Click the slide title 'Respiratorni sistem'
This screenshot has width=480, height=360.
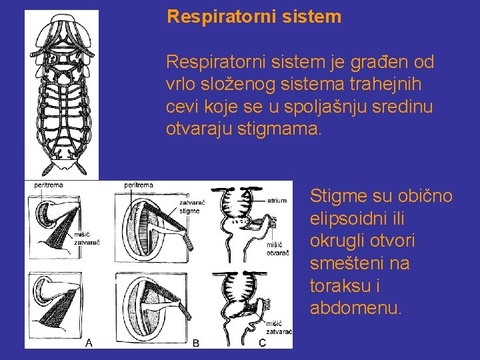click(x=254, y=17)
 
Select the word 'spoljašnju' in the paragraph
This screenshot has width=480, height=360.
click(x=330, y=107)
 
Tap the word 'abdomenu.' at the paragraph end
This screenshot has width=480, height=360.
click(x=356, y=309)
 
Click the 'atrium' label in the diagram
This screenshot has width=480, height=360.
click(x=277, y=199)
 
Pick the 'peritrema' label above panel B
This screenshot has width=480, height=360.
click(x=139, y=185)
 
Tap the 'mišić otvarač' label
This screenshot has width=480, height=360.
click(x=278, y=248)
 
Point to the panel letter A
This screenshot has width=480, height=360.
click(x=89, y=343)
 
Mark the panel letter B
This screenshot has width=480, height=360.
click(x=196, y=343)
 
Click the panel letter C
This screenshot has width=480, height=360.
click(x=262, y=343)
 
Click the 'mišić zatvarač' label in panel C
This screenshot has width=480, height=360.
click(x=279, y=327)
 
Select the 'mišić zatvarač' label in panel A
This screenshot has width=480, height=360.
click(x=87, y=238)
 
